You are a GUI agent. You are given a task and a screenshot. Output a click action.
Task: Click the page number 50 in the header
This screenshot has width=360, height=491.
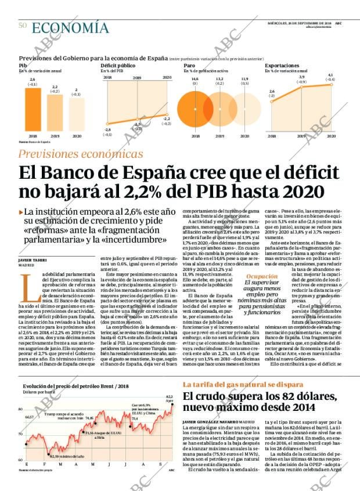23,26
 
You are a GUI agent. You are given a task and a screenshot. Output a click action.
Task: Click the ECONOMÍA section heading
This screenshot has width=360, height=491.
70,27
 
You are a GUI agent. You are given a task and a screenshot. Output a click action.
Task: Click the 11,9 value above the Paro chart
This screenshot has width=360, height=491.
244,79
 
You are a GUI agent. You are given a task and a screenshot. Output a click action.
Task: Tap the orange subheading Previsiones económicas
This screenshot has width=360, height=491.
81,154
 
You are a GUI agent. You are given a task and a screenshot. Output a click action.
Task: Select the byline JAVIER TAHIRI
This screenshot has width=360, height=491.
33,260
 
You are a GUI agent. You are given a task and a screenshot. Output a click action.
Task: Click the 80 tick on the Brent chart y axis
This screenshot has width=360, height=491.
20,409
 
